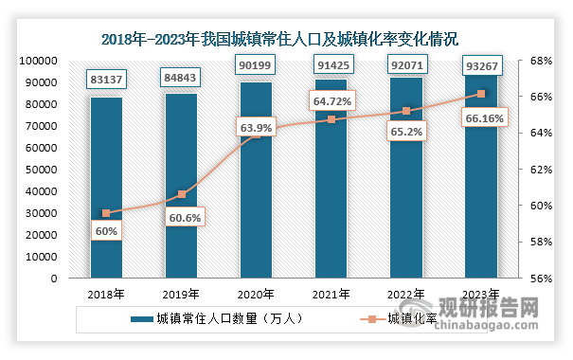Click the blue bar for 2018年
106,188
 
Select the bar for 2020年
256,180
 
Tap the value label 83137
106,80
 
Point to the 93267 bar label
482,65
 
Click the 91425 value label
333,65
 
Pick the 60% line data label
106,231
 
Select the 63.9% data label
256,128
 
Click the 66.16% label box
485,118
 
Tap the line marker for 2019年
182,194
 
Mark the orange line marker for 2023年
481,94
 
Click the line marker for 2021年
331,119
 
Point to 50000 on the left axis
42,170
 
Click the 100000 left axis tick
39,61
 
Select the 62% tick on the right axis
541,170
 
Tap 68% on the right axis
541,61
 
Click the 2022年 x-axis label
405,295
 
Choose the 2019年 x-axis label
181,295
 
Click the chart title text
279,40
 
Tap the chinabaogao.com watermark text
486,325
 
